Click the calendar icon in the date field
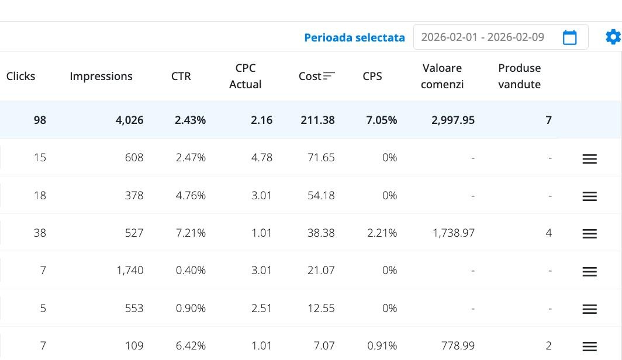pyautogui.click(x=569, y=37)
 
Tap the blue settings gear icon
pyautogui.click(x=613, y=37)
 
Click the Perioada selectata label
pyautogui.click(x=354, y=37)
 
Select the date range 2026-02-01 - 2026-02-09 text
pyautogui.click(x=482, y=37)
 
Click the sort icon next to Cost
pyautogui.click(x=329, y=76)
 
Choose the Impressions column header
pyautogui.click(x=101, y=76)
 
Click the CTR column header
pyautogui.click(x=181, y=76)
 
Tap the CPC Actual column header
pyautogui.click(x=246, y=76)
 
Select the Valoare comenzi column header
pyautogui.click(x=442, y=76)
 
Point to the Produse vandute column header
pyautogui.click(x=519, y=76)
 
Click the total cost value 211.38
pyautogui.click(x=317, y=120)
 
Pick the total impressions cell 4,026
pyautogui.click(x=129, y=120)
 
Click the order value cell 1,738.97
pyautogui.click(x=454, y=233)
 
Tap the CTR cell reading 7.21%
pyautogui.click(x=191, y=233)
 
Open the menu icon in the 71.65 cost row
pyautogui.click(x=589, y=158)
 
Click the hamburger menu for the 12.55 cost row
pyautogui.click(x=589, y=309)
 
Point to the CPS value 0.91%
pyautogui.click(x=382, y=345)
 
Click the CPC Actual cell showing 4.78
pyautogui.click(x=261, y=157)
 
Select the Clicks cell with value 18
pyautogui.click(x=40, y=195)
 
